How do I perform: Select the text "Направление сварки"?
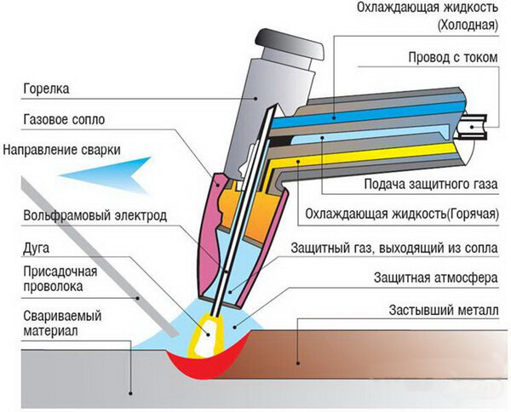pyautogui.click(x=61, y=150)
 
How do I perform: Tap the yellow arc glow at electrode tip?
pyautogui.click(x=206, y=336)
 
